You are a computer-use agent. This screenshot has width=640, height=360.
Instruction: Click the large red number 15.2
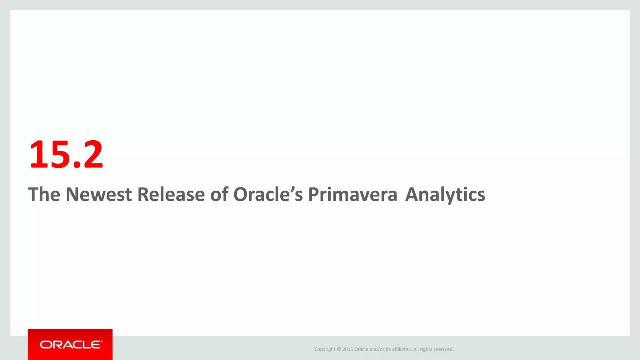pos(66,154)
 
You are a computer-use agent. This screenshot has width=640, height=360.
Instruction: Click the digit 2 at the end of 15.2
pos(93,154)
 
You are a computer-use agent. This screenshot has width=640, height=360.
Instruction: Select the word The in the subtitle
pos(44,194)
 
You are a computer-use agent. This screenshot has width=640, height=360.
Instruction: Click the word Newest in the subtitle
pos(98,194)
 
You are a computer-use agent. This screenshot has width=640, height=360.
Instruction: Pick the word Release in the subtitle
pos(171,194)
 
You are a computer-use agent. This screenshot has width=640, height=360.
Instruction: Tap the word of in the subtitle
pos(219,194)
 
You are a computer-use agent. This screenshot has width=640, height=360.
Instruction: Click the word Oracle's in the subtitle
pos(268,194)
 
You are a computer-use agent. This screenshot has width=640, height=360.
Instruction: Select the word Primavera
pos(352,194)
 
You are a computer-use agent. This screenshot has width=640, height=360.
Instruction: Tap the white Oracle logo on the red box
pos(71,345)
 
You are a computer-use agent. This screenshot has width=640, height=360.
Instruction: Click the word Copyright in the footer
pos(325,349)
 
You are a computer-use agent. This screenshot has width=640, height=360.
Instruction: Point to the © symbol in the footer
pos(339,349)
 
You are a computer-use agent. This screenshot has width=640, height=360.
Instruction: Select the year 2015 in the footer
pos(347,349)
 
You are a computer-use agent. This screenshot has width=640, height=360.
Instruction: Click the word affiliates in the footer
pos(402,349)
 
